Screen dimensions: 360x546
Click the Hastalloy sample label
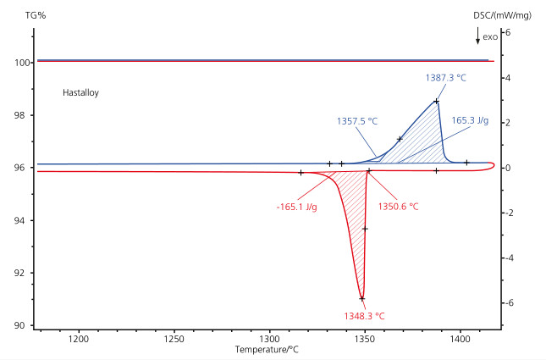81,92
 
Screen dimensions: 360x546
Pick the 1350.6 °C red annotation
398,206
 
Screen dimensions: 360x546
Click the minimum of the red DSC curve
362,298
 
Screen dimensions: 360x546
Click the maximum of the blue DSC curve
436,101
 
